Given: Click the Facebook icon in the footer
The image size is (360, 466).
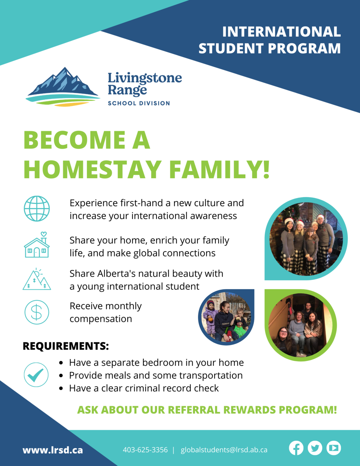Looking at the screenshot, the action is (296, 448).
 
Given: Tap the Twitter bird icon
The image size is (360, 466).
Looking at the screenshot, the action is (315, 448).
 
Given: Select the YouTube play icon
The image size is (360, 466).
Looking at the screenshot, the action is (334, 448).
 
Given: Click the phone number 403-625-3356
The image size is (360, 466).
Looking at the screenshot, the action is (145, 450).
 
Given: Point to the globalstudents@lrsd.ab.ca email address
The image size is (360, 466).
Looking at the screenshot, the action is (224, 450).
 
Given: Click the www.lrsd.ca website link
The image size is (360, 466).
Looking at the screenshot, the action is (53, 450).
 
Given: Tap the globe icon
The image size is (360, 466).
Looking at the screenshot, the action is (37, 208).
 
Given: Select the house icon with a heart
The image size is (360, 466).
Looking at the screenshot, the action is (37, 245).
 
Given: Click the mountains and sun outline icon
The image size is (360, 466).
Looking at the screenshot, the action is (37, 279).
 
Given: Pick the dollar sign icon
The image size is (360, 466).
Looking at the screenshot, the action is (37, 312).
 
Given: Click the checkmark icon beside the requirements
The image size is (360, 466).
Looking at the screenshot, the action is (36, 375).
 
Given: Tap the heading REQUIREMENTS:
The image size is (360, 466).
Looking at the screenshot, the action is (66, 346).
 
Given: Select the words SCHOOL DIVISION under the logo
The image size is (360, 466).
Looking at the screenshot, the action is (139, 103).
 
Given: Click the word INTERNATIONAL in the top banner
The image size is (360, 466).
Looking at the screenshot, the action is (281, 32).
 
